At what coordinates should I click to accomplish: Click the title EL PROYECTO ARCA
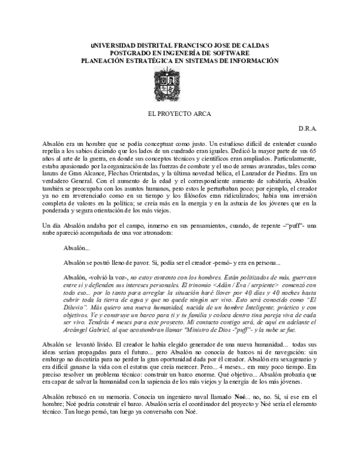(x=179, y=113)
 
